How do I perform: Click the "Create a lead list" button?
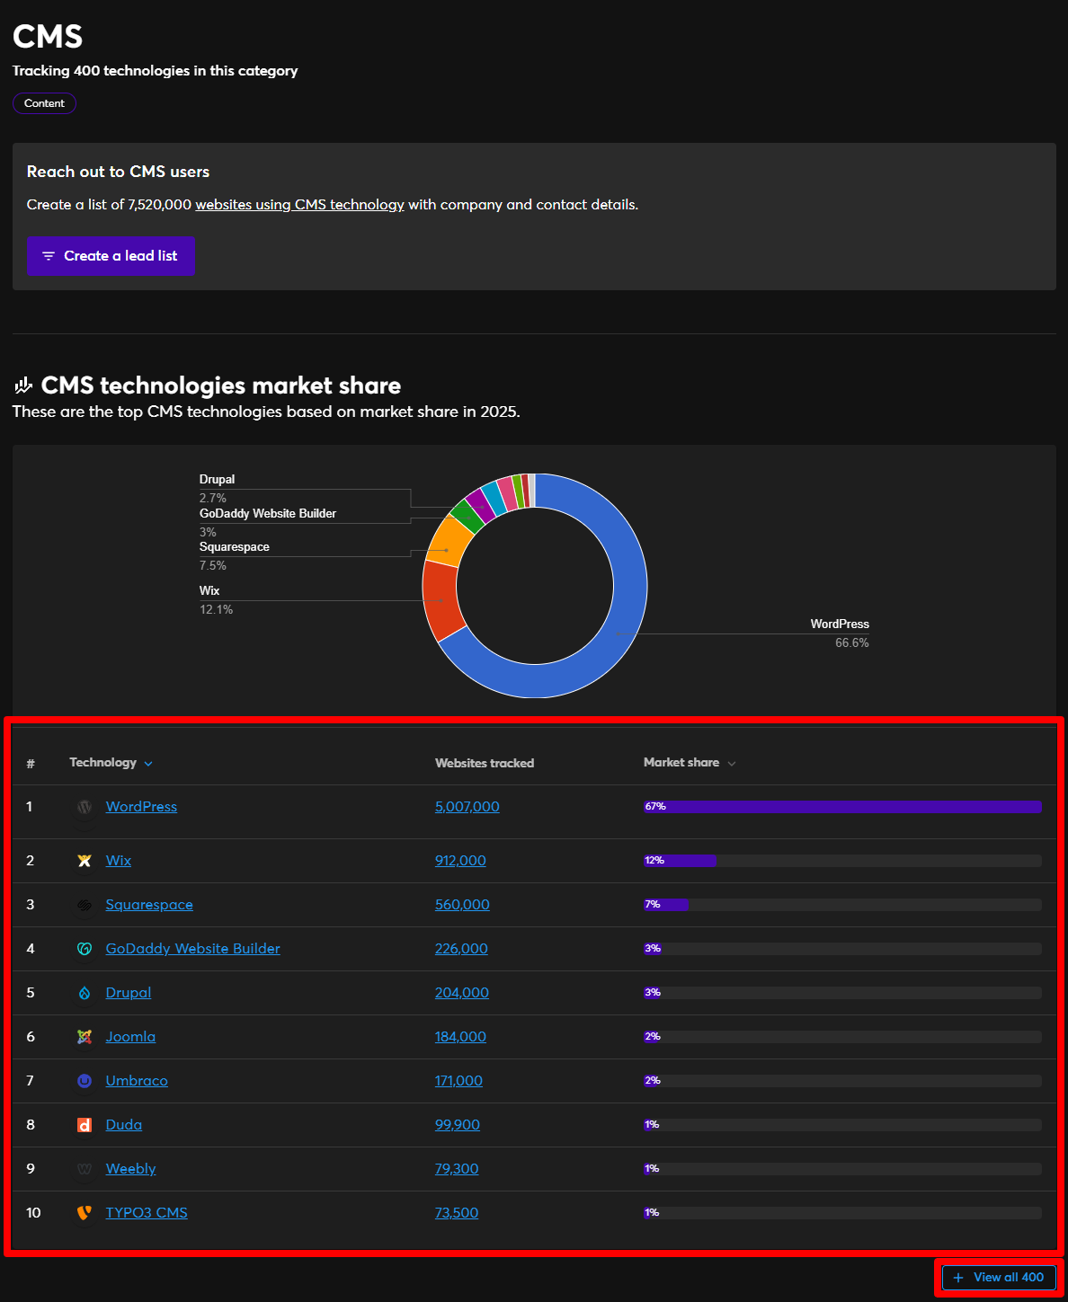(111, 256)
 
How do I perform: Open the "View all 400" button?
(999, 1277)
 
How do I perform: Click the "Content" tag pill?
(44, 103)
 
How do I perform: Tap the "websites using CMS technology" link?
(299, 205)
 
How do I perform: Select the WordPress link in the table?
(141, 807)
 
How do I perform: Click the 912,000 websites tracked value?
(460, 861)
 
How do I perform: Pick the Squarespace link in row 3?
(149, 905)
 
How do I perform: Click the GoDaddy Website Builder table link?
(192, 949)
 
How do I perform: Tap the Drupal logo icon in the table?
(85, 993)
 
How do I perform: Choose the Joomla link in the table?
(130, 1037)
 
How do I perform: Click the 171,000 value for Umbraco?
(458, 1081)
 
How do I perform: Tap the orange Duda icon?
(85, 1125)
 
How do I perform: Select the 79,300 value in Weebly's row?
(457, 1169)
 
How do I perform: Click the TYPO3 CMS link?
(147, 1213)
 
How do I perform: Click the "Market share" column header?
(681, 763)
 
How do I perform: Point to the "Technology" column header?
(103, 763)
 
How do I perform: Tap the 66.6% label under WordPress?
(851, 643)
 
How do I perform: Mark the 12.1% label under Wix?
(216, 610)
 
